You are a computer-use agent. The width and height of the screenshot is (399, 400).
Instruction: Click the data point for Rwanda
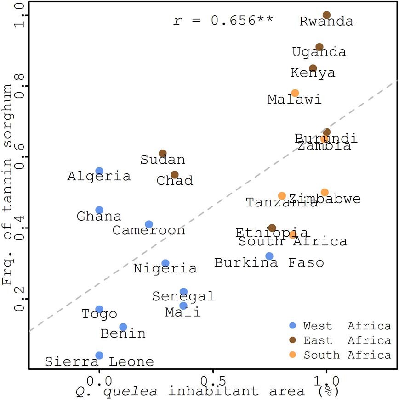(x=326, y=15)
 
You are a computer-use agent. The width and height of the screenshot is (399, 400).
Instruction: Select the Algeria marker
(x=99, y=171)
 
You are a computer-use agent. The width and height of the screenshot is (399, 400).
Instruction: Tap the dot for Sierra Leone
(x=99, y=356)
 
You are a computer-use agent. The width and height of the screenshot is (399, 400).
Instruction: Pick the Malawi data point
(x=295, y=93)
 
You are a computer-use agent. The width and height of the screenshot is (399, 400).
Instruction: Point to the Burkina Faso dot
(x=269, y=256)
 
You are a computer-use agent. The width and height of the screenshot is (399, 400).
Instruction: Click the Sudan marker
(x=163, y=153)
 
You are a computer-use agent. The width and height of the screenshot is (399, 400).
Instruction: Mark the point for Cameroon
(x=149, y=224)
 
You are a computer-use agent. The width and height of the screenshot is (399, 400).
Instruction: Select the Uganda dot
(x=319, y=47)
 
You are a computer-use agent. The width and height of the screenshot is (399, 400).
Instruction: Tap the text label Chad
(x=175, y=181)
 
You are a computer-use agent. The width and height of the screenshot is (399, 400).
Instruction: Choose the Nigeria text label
(x=165, y=268)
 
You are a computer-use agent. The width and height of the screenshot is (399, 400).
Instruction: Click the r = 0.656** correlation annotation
(x=223, y=21)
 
